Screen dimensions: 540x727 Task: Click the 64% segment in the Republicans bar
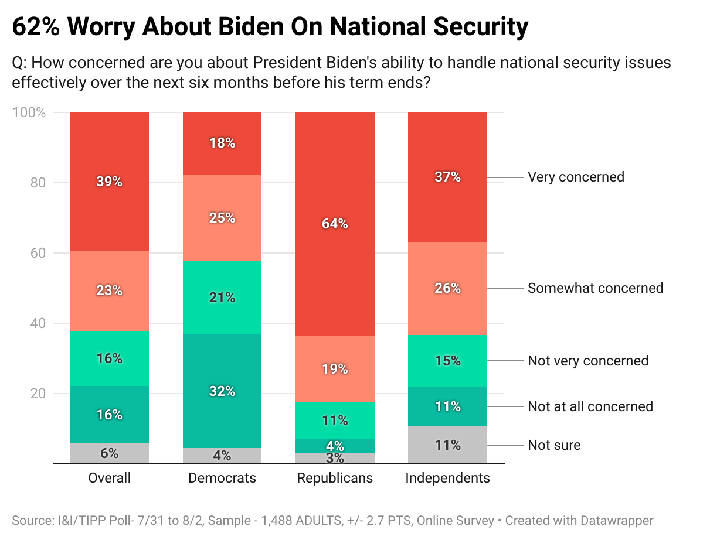point(335,224)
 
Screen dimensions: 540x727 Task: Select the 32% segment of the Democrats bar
point(222,391)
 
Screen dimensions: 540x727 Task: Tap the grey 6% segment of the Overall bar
point(109,453)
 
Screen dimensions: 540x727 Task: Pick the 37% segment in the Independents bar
point(447,177)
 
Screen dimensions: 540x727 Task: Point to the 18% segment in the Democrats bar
point(222,143)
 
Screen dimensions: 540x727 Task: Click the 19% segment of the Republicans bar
point(335,369)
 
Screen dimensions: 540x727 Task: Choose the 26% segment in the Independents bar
point(447,288)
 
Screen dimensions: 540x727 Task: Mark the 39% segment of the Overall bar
point(109,182)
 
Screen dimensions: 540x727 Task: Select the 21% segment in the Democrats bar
point(222,298)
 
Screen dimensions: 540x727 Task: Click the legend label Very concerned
point(576,177)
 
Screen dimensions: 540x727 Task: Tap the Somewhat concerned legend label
point(595,288)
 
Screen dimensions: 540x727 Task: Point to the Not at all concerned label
point(590,406)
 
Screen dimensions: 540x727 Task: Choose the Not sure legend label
point(554,445)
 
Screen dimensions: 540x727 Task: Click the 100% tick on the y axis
point(29,112)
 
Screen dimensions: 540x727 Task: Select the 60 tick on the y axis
point(38,253)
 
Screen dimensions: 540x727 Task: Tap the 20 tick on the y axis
point(38,394)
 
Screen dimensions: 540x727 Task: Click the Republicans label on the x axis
point(335,478)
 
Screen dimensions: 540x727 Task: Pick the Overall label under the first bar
point(109,478)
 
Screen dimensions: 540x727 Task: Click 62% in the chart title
point(36,28)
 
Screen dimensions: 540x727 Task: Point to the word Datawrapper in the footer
point(617,520)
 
